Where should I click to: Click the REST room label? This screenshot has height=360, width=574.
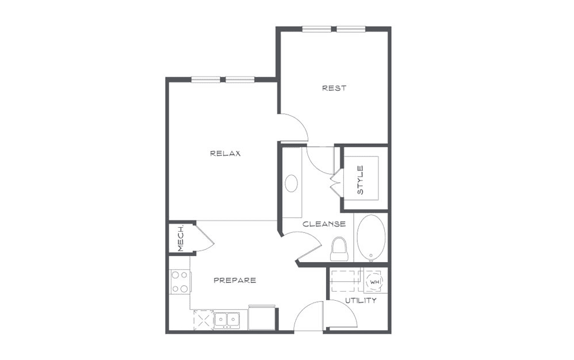pos(334,88)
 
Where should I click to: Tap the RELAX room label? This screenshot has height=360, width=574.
pos(225,154)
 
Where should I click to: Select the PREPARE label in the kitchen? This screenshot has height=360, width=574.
pos(235,281)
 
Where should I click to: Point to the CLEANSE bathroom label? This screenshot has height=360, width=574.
pos(324,224)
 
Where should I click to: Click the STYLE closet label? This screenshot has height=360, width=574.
pos(361,180)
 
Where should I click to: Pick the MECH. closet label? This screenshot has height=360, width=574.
pos(180,238)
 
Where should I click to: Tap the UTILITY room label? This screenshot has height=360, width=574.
pos(361,301)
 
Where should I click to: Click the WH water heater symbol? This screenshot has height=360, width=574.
pos(374,282)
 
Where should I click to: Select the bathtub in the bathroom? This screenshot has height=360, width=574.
pos(371,238)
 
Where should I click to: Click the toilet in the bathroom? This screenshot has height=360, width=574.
pos(339,249)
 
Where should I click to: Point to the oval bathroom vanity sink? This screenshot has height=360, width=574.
pos(292,183)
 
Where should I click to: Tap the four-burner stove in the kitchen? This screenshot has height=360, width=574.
pos(180,281)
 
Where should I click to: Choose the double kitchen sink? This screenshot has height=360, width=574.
pos(227,320)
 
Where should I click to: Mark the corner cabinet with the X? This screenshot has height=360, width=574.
pos(204,320)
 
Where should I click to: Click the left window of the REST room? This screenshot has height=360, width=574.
pos(317,29)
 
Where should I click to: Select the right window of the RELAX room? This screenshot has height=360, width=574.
pos(240,79)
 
